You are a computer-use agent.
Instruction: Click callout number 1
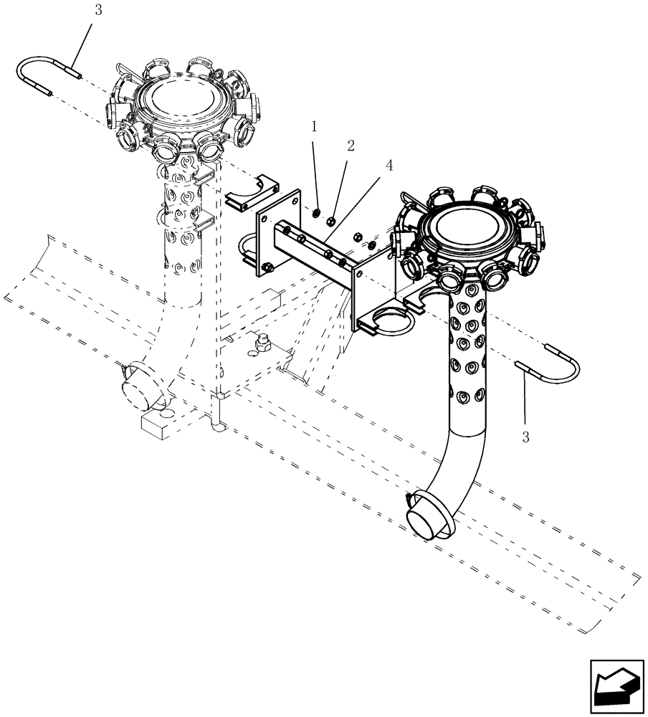pyautogui.click(x=313, y=127)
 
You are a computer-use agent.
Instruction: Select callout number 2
pyautogui.click(x=351, y=146)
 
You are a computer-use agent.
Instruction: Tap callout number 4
pyautogui.click(x=389, y=165)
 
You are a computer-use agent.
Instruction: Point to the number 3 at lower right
pyautogui.click(x=525, y=437)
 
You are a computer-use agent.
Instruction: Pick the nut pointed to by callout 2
pyautogui.click(x=330, y=219)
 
